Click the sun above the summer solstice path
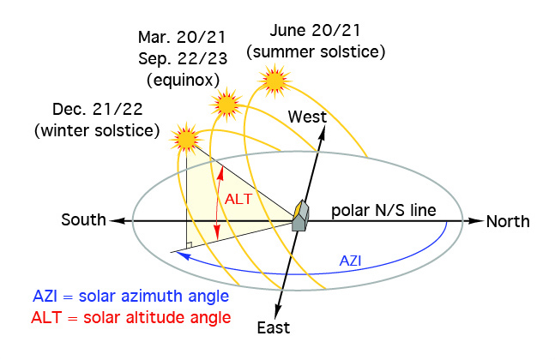(x=274, y=81)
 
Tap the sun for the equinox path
(x=226, y=105)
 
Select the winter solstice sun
(x=186, y=139)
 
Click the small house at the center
(x=300, y=216)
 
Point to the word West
(x=307, y=117)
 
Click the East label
(x=274, y=327)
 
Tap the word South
(x=83, y=219)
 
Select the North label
(x=508, y=221)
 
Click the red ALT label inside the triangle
(x=238, y=199)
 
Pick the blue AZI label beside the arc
(x=350, y=261)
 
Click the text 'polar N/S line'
(x=383, y=210)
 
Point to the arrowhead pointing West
(x=322, y=134)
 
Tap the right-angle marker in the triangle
(x=189, y=245)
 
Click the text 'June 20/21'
(x=315, y=30)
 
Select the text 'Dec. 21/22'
(x=97, y=109)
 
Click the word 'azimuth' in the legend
(x=154, y=296)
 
